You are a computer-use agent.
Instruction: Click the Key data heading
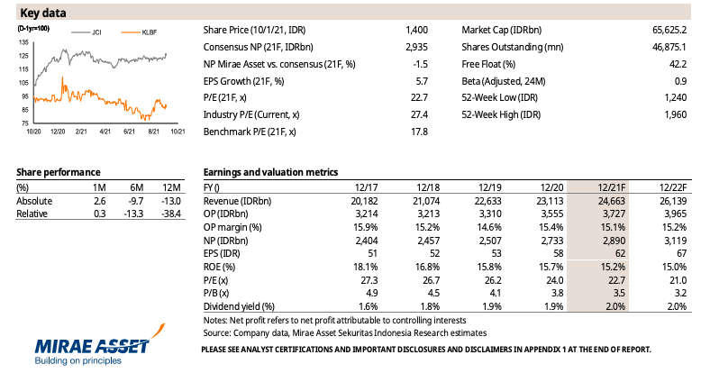(x=43, y=13)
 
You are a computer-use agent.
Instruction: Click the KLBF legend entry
(x=140, y=32)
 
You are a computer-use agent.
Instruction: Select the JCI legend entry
(x=86, y=32)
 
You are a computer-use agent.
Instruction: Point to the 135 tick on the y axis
(x=23, y=42)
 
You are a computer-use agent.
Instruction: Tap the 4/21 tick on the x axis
(x=105, y=132)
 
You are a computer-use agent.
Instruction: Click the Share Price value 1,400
(x=416, y=30)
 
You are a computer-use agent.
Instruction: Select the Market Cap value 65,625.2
(x=669, y=30)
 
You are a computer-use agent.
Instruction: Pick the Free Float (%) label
(x=488, y=64)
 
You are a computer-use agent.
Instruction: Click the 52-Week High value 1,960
(x=676, y=115)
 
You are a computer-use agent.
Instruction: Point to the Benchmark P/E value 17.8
(x=419, y=132)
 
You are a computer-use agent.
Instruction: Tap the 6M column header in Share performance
(x=136, y=187)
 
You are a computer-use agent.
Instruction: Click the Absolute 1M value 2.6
(x=100, y=201)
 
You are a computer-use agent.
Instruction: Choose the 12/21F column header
(x=611, y=187)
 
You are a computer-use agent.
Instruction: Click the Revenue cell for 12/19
(x=487, y=201)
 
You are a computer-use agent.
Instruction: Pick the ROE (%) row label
(x=220, y=267)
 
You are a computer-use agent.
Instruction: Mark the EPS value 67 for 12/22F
(x=681, y=253)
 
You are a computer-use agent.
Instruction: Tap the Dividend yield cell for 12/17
(x=369, y=306)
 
